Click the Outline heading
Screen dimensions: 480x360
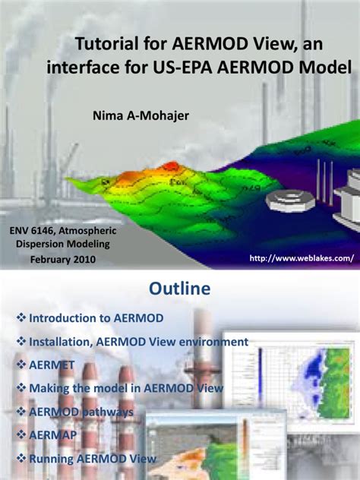[179, 290]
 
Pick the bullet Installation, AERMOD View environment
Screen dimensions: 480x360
[138, 342]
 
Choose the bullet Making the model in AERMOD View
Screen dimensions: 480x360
[126, 388]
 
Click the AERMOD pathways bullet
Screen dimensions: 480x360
[81, 412]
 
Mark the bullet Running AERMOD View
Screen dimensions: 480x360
[92, 458]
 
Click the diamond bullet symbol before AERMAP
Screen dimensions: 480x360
[21, 435]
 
